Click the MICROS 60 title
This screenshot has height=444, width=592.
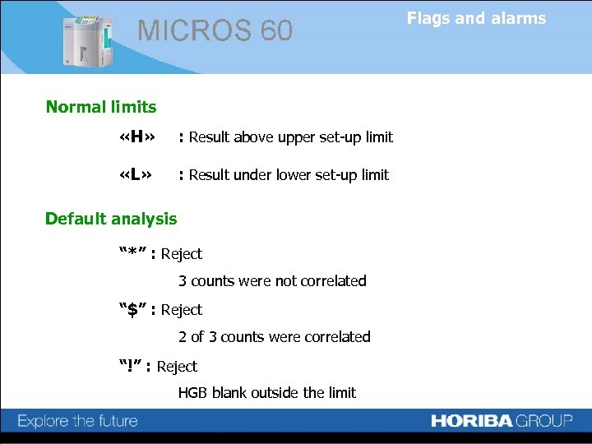click(x=215, y=30)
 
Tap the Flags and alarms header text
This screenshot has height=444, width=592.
click(x=476, y=18)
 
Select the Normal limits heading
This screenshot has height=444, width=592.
click(x=101, y=107)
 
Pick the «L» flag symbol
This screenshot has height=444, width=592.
click(x=136, y=175)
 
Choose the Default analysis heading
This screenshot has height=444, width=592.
click(x=111, y=219)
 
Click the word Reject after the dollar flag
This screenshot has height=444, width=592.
click(x=182, y=310)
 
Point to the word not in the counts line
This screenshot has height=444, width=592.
click(x=285, y=281)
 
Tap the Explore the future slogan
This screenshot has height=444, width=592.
click(x=78, y=422)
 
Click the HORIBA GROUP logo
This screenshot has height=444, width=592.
click(x=501, y=421)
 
